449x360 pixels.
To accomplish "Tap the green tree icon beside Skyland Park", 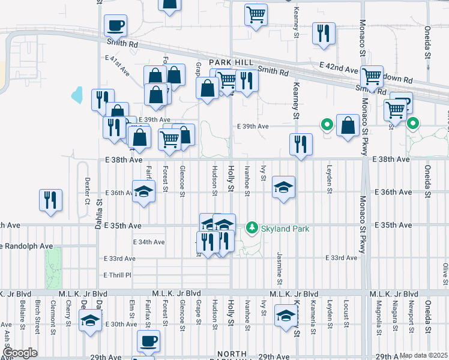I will coord(252,228).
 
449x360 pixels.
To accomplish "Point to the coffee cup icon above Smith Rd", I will coord(115,26).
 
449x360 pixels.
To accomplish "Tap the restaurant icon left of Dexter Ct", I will coord(50,200).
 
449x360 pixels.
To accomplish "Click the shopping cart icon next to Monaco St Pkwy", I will coord(372,76).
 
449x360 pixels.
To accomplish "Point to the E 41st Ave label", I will coord(117,65).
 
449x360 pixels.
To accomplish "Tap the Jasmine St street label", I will coord(280,268).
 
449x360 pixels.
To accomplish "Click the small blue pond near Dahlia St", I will coord(77,95).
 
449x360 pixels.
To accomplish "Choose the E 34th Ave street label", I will coord(148,242).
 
